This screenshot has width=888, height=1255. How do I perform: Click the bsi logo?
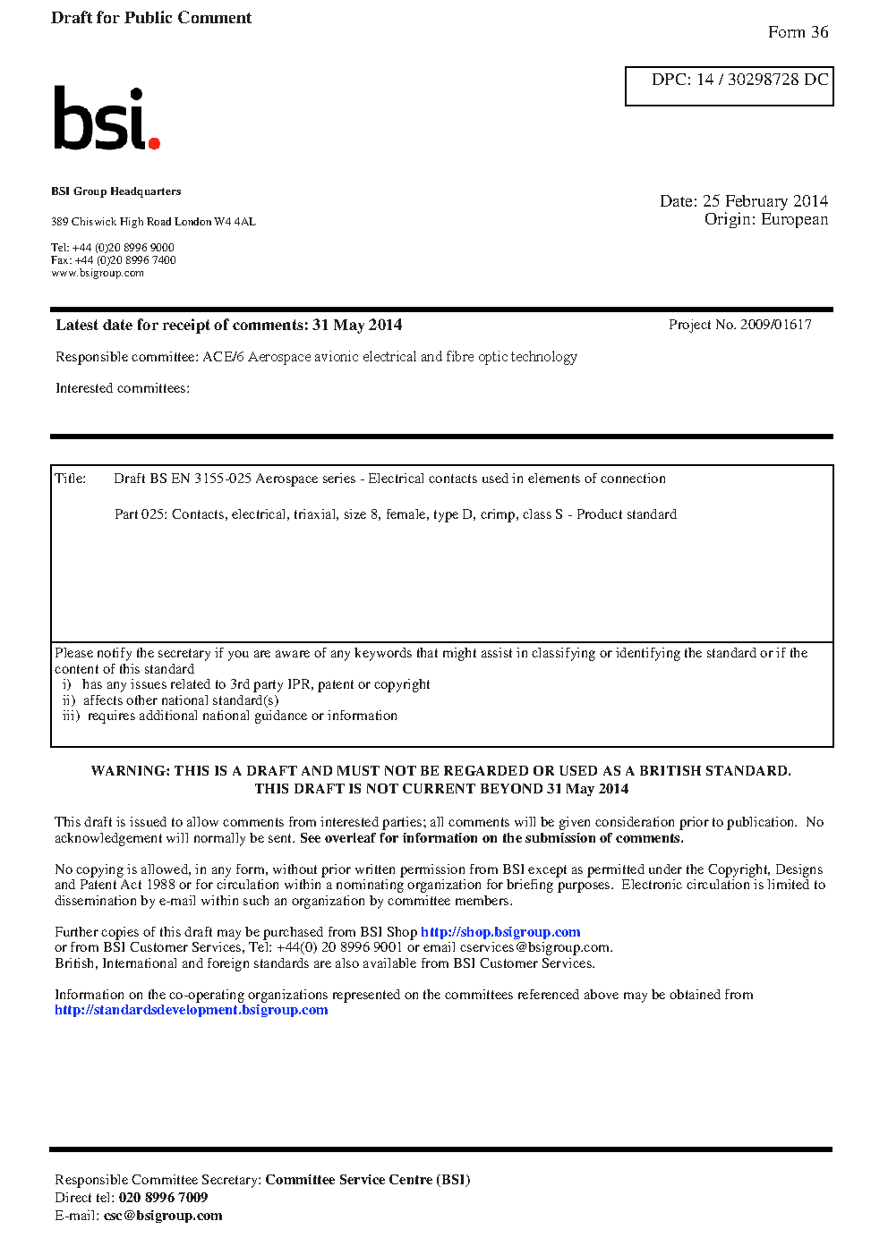coord(106,118)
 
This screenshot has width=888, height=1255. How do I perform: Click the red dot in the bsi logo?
coord(154,142)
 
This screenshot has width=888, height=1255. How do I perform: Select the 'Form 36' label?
coord(798,32)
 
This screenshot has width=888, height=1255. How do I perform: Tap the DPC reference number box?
coord(729,86)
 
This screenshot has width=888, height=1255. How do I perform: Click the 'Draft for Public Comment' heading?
coord(151,18)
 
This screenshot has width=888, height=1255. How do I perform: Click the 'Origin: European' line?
coord(765,219)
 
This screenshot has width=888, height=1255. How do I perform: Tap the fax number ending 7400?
coord(125,260)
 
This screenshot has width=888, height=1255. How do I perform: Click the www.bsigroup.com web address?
coord(98,273)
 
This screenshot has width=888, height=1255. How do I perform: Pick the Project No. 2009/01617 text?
coord(739,325)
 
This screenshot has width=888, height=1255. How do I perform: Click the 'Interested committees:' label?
coord(123,388)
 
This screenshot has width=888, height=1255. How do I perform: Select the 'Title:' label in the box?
coord(71,479)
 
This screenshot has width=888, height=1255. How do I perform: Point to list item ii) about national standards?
coord(171,700)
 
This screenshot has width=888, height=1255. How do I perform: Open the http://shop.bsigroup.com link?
coord(500,932)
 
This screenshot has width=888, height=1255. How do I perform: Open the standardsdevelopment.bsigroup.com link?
coord(191,1010)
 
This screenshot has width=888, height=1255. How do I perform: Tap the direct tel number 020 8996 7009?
coord(163,1198)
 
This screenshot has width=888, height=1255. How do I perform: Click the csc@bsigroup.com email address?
coord(163,1216)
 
